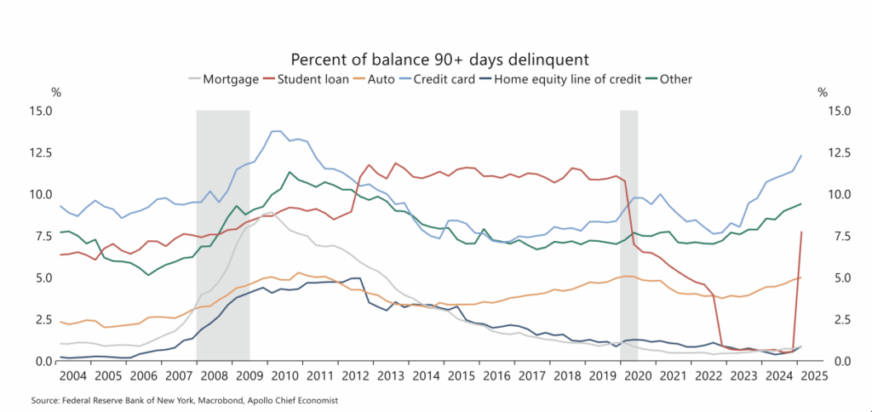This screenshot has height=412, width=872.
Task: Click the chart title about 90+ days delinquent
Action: coord(440,60)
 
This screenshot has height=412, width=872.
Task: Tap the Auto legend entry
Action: coord(384,79)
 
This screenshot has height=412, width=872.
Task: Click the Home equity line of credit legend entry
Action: coord(556,79)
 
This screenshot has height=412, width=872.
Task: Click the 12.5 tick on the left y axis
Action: coord(40,153)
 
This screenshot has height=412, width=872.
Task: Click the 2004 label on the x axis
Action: coord(72,375)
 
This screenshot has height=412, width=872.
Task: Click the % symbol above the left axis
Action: coord(57,92)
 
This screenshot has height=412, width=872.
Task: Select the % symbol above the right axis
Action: coord(822,92)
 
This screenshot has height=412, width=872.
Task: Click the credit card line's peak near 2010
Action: coord(275,131)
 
